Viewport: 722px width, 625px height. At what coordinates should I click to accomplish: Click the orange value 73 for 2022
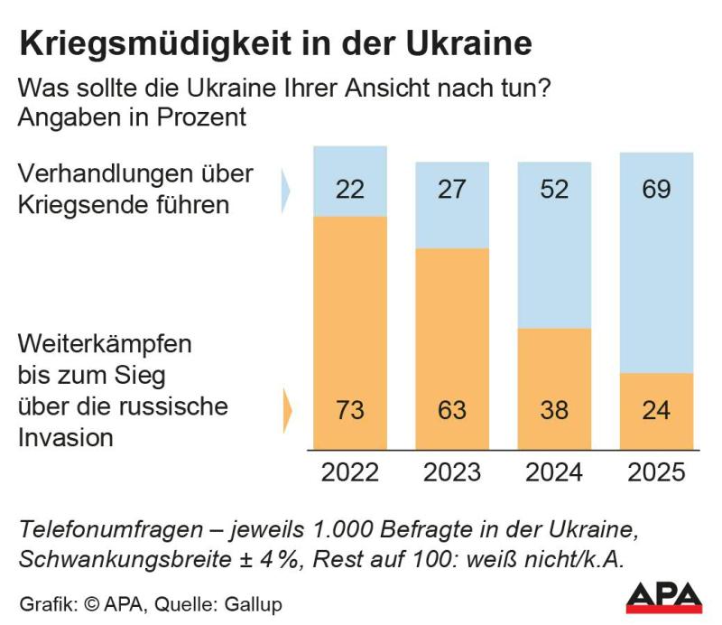[x=349, y=410]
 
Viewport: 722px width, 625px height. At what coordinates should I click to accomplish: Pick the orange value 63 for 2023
[x=451, y=410]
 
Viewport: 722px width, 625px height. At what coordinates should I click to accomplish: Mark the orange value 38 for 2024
[x=554, y=410]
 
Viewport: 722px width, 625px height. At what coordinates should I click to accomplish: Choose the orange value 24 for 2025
[x=656, y=410]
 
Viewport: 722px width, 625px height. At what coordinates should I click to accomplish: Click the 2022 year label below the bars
[x=349, y=472]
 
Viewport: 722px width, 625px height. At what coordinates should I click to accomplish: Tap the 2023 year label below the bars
[x=451, y=472]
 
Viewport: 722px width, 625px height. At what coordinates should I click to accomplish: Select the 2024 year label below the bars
[x=554, y=472]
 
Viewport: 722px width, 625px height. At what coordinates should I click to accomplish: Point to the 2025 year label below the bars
[x=656, y=472]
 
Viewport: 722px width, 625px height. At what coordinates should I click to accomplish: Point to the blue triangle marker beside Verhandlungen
[x=286, y=188]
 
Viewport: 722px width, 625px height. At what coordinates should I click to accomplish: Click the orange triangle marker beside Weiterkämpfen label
[x=288, y=410]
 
